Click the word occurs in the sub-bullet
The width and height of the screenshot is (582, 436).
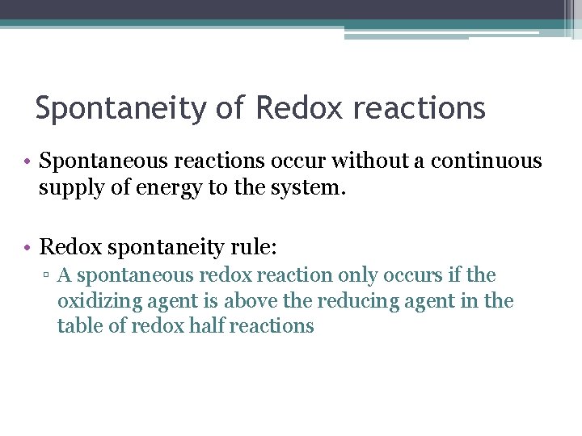[415, 275]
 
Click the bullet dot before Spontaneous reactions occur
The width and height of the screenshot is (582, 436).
[27, 161]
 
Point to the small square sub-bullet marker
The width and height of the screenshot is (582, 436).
[48, 276]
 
